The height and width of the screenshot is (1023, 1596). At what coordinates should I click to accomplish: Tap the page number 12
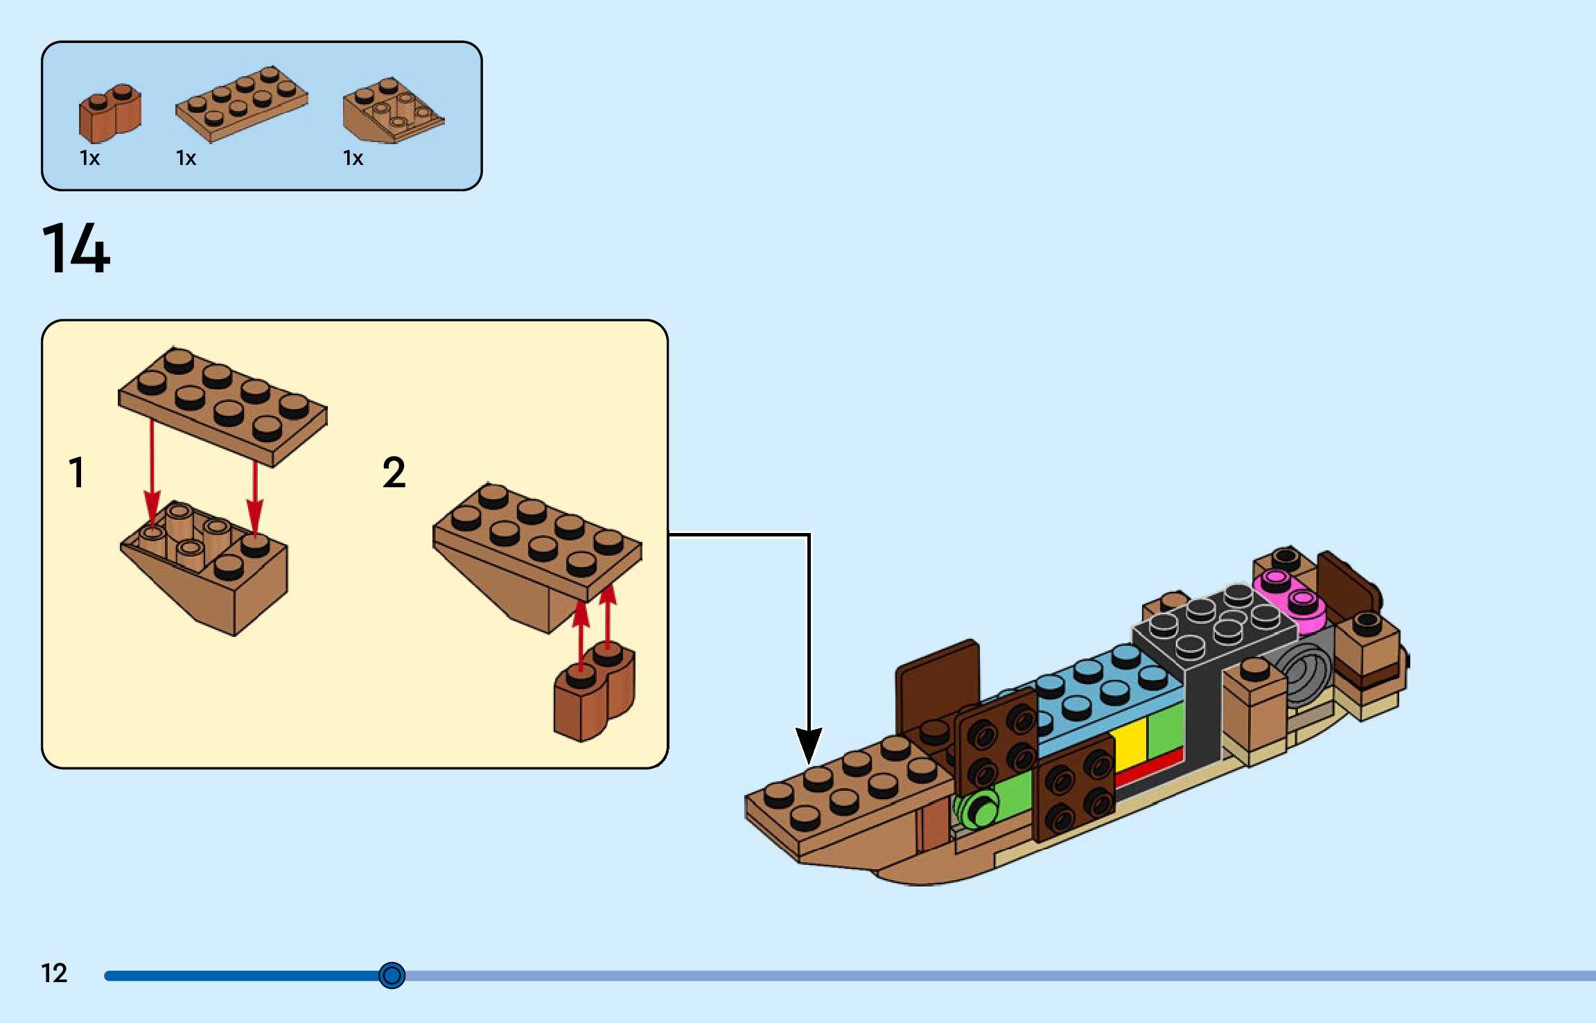[54, 973]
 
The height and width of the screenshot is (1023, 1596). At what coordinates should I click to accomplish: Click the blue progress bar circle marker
[392, 975]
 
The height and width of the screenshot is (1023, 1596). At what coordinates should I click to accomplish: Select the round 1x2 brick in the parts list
[109, 114]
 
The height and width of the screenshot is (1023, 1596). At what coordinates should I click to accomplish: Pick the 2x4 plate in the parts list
[241, 104]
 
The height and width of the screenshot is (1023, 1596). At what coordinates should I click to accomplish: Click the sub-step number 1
[77, 473]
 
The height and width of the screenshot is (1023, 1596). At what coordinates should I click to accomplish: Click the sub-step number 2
[394, 473]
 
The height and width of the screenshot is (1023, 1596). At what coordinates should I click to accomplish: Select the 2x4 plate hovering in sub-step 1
[222, 405]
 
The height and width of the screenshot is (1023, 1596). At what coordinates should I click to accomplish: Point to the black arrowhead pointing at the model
[809, 745]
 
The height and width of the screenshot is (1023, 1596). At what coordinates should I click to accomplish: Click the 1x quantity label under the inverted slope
[353, 159]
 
